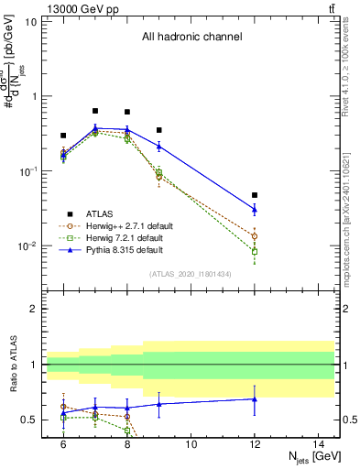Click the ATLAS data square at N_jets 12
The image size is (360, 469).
coord(255,195)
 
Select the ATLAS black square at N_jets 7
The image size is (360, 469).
coord(95,111)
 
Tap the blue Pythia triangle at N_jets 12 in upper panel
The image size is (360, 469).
coord(255,210)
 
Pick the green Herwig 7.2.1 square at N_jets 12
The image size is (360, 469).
coord(255,251)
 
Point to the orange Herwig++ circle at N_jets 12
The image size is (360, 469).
coord(255,236)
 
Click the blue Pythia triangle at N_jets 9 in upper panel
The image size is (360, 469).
coord(159,146)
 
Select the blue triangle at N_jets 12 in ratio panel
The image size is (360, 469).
coord(255,398)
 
